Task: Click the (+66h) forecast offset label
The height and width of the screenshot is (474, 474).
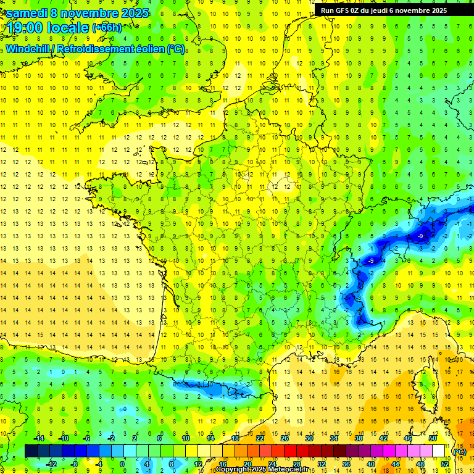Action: point(107,28)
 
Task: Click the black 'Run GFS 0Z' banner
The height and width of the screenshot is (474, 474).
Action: point(388,10)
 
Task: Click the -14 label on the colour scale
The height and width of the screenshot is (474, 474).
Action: point(40,438)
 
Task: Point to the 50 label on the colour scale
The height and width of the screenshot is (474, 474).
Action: point(432,438)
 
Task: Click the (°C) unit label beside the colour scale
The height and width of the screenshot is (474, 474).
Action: point(459,451)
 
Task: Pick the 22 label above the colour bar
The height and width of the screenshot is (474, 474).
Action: point(260,438)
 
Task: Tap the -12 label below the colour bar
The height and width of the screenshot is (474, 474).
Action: point(52,464)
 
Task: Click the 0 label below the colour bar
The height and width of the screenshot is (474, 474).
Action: point(122,464)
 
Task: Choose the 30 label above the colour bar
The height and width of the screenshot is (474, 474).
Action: point(309,438)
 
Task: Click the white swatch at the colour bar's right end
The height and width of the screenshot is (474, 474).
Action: point(439,451)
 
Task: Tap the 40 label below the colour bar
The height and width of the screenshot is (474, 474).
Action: point(370,464)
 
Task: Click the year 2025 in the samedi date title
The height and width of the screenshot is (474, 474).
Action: point(131,13)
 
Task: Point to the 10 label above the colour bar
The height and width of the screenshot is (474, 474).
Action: point(185,438)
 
